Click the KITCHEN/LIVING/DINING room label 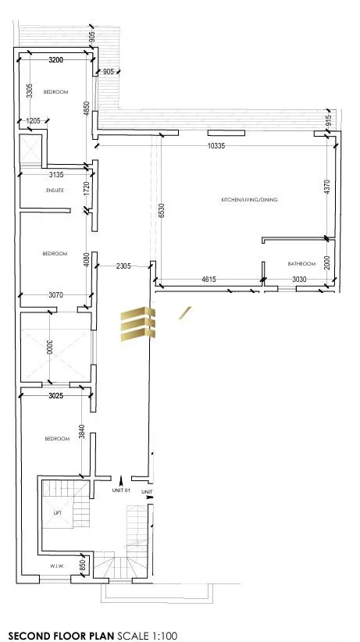point(250,200)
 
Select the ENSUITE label point(55,190)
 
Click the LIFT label point(57,513)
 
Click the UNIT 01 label point(120,490)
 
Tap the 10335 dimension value point(217,146)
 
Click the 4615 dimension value point(209,279)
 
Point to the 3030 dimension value point(300,279)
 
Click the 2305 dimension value point(123,266)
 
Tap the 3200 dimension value point(55,59)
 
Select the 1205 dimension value point(33,120)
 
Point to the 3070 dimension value point(53,294)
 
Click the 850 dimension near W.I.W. point(82,564)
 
